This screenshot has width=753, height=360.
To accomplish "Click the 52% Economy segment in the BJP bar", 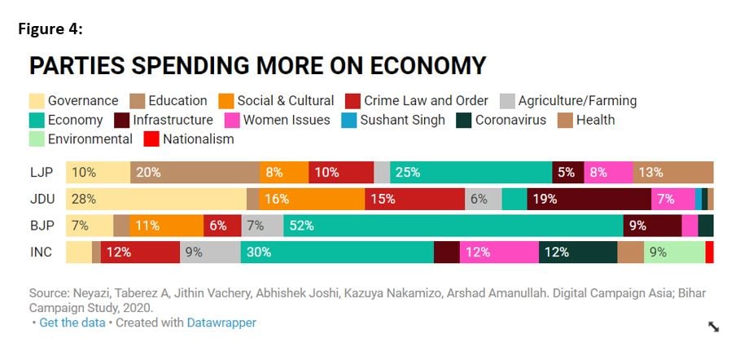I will (453, 226).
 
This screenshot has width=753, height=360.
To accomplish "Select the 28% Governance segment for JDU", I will (155, 199).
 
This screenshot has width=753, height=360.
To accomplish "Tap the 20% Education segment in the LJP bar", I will (195, 173).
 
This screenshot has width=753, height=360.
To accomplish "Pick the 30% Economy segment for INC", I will (337, 252).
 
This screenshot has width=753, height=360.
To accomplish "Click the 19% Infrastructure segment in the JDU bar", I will (589, 199).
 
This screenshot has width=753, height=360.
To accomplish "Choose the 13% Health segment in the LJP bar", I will (672, 173).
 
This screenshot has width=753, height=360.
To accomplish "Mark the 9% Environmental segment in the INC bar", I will (674, 252).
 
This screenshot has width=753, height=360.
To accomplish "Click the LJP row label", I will (41, 173).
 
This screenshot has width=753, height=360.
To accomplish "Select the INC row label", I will (41, 252).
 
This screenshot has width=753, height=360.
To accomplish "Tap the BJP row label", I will (41, 226).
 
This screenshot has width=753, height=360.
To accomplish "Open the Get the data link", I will (72, 323).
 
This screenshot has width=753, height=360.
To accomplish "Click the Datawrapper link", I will (221, 323).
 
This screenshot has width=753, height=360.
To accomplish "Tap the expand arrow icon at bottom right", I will (713, 327).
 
